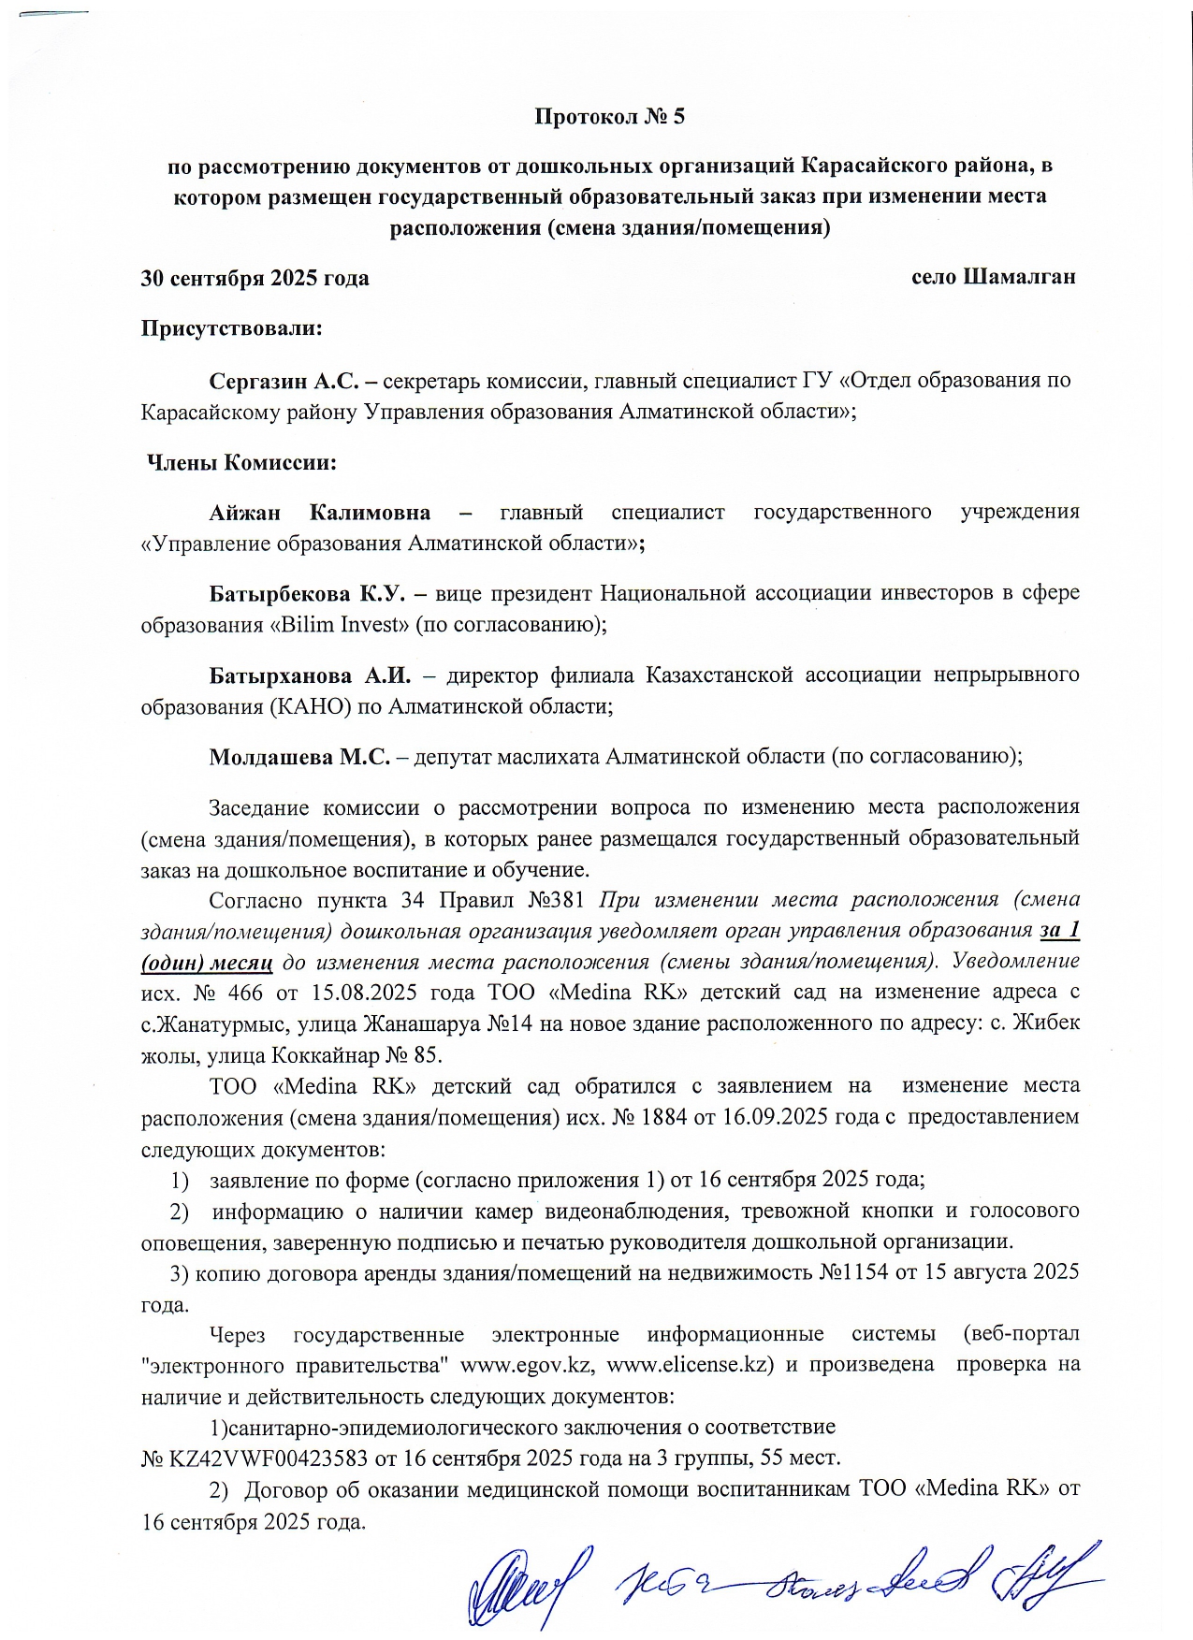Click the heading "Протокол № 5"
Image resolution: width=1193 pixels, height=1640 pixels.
[x=609, y=117]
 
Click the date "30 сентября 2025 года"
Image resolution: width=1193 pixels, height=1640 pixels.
[x=255, y=279]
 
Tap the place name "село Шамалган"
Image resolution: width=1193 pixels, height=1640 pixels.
[x=993, y=277]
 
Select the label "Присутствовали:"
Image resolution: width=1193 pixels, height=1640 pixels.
[x=231, y=329]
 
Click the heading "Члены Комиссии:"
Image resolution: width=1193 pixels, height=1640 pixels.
[x=241, y=463]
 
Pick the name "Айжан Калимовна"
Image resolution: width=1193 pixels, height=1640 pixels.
[x=319, y=513]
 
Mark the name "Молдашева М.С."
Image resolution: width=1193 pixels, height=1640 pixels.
[x=299, y=757]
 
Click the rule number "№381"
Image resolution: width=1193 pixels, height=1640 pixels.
[x=556, y=900]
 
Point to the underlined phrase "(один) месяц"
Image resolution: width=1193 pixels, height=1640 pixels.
[x=206, y=963]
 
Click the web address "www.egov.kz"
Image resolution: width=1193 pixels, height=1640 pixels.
[x=527, y=1364]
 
